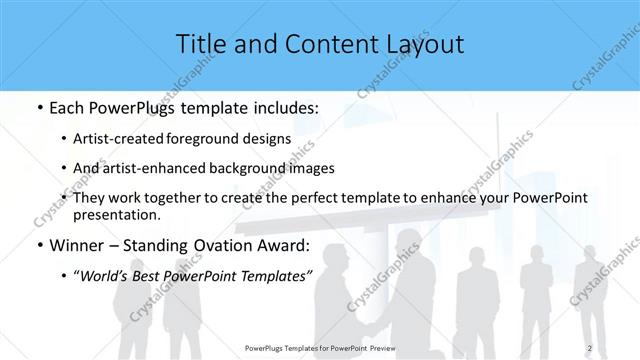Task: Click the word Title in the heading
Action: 200,44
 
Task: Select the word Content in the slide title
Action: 313,44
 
